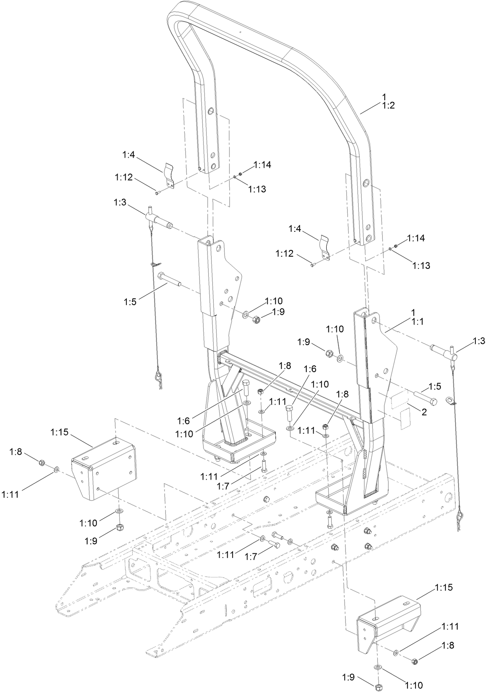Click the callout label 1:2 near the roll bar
388,106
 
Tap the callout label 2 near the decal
424,412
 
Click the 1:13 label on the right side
422,266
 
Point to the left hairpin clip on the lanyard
159,380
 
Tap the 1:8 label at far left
16,452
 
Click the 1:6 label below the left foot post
183,420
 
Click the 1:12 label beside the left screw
124,178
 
